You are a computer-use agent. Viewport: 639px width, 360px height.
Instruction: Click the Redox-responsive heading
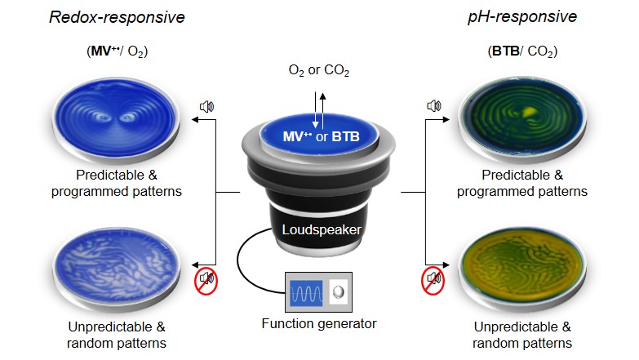tap(117, 17)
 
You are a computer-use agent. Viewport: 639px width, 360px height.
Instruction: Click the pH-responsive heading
tap(522, 16)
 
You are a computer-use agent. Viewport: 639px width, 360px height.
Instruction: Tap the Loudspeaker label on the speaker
tap(322, 229)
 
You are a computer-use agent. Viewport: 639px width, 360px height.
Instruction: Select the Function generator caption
tap(319, 324)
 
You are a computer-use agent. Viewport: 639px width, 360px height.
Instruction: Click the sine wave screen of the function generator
tap(306, 293)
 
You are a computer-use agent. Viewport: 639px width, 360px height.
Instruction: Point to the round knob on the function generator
tap(338, 292)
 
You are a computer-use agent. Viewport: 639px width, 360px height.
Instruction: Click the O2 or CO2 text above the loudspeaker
tap(319, 70)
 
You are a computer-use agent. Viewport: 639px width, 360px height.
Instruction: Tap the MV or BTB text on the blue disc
tap(321, 136)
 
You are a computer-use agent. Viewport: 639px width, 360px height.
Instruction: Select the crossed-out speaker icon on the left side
tap(206, 281)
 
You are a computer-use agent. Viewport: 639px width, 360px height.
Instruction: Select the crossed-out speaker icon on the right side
tap(433, 281)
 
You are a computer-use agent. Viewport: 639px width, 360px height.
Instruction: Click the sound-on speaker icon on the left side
tap(206, 107)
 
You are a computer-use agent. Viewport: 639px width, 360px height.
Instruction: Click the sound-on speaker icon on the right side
tap(434, 106)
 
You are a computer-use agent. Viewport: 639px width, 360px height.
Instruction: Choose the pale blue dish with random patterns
tap(116, 270)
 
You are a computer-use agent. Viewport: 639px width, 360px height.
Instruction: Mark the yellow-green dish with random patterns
tap(522, 270)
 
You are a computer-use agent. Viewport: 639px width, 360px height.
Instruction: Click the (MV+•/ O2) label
tap(117, 51)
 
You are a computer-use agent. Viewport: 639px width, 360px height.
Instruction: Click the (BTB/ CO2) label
tap(522, 51)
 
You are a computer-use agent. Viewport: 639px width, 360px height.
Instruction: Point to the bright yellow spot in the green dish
tap(529, 110)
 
